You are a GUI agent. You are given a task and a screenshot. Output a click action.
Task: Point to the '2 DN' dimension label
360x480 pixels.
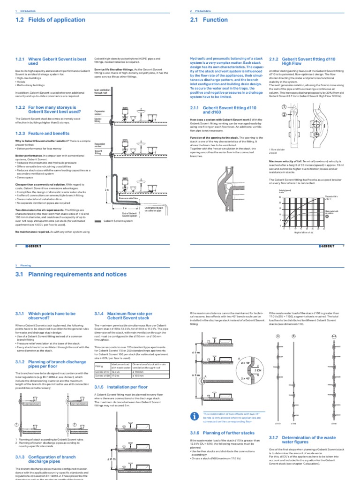click(x=256, y=369)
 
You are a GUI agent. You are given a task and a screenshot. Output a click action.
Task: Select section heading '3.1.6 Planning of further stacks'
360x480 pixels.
click(x=216, y=433)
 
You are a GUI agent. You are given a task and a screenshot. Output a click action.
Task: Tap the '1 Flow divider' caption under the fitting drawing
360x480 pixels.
click(x=277, y=149)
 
